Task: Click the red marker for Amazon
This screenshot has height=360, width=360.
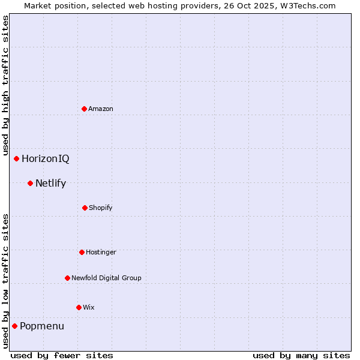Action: (84, 109)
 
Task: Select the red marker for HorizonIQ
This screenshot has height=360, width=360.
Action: (17, 158)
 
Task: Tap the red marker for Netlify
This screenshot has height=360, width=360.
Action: (30, 183)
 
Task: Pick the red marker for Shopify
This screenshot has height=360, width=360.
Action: (85, 208)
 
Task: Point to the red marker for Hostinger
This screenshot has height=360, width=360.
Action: (82, 252)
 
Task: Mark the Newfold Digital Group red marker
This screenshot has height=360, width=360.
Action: (67, 278)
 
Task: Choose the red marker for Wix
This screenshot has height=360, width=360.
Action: (79, 307)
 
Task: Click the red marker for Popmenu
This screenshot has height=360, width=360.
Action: (14, 326)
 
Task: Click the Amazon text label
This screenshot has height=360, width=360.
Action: (101, 109)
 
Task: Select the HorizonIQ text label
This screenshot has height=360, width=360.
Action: (46, 158)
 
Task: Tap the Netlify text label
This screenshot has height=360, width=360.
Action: (50, 183)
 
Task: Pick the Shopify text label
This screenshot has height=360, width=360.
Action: (101, 208)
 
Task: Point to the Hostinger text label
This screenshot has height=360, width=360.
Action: (101, 252)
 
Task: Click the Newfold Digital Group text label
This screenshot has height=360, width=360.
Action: (106, 278)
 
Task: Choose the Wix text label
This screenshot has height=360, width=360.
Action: (89, 307)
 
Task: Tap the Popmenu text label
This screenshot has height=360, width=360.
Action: (42, 326)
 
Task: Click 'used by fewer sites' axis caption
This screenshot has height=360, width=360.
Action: (62, 355)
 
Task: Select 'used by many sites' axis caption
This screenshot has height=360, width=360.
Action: (301, 355)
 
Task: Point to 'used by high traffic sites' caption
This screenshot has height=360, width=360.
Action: (5, 85)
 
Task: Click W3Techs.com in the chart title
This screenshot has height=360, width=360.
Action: (310, 5)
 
